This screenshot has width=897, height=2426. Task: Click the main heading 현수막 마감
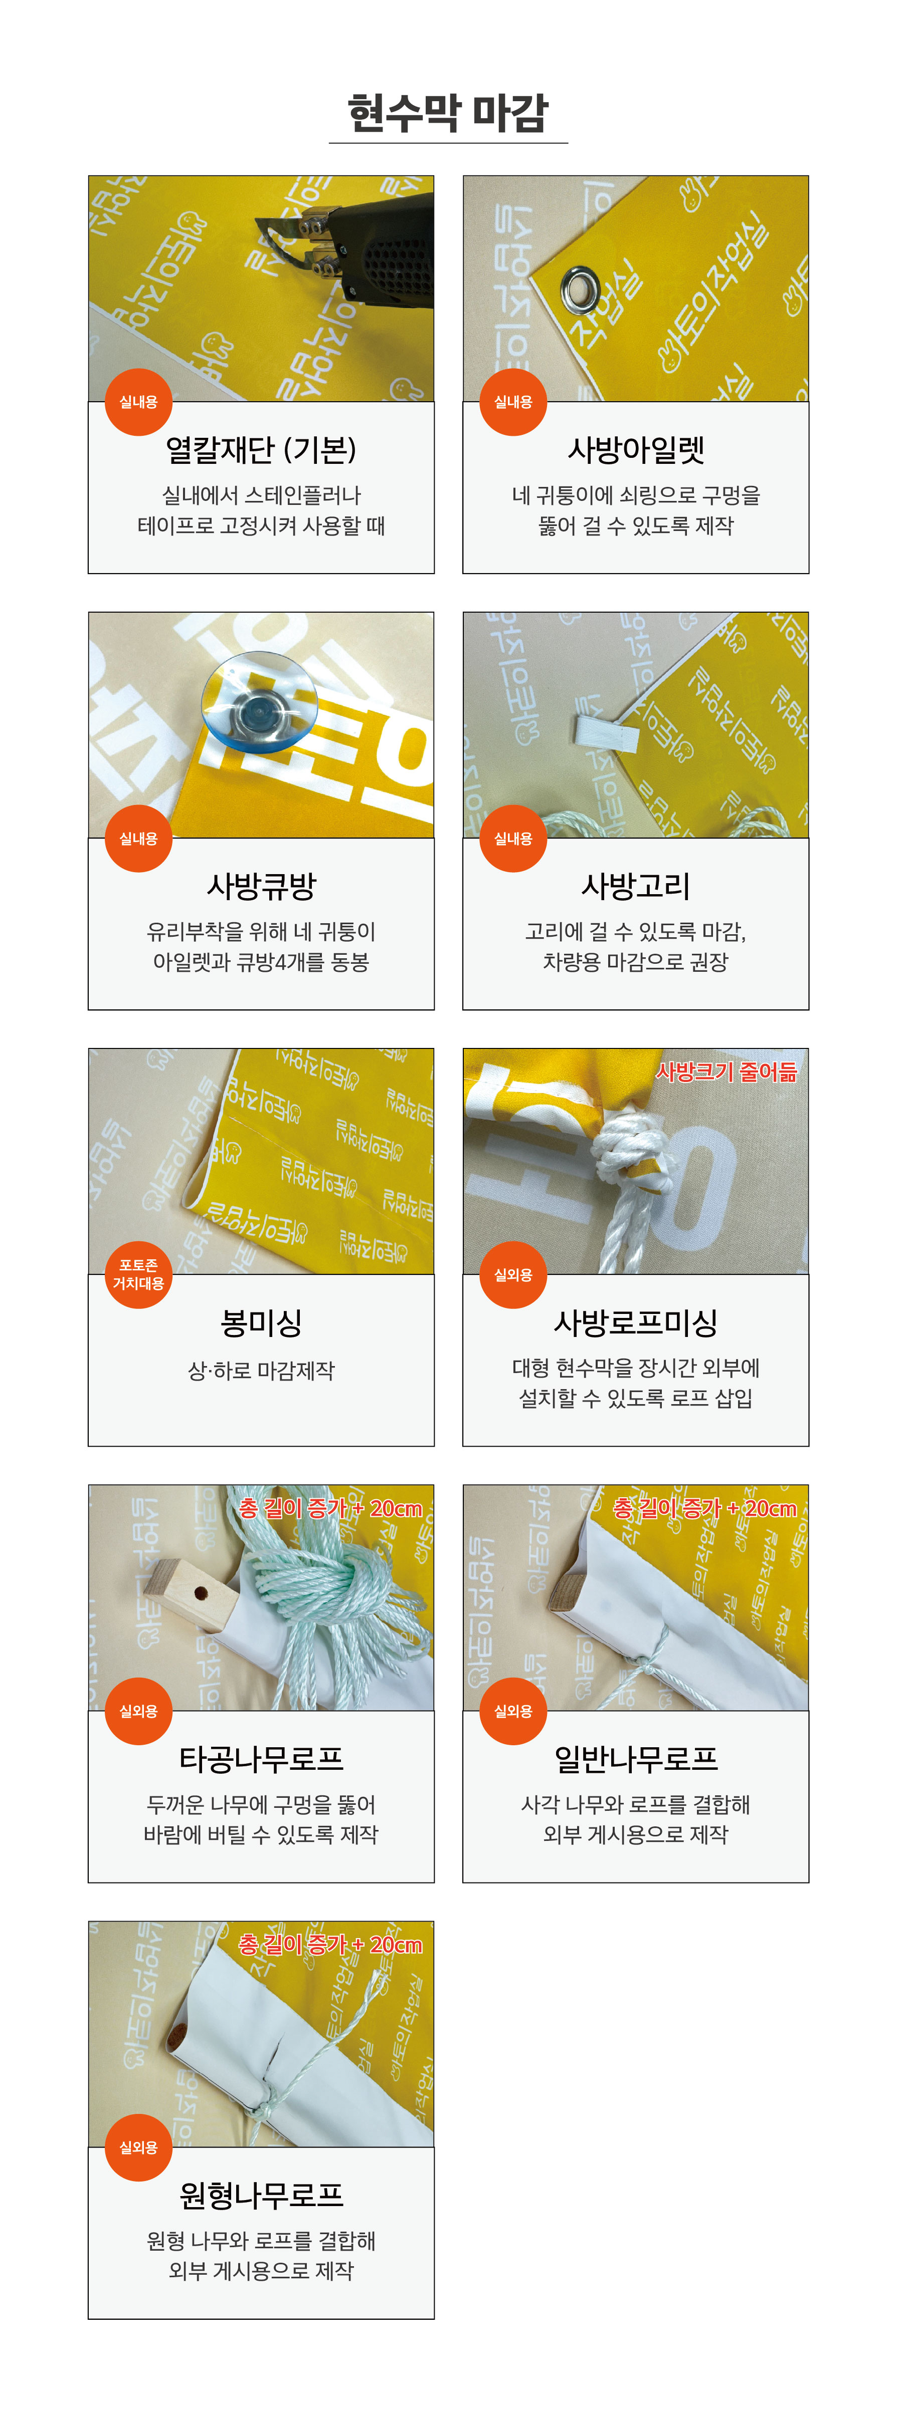(448, 113)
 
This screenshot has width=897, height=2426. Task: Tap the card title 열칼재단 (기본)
(261, 449)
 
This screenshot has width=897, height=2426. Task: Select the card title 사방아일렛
(636, 449)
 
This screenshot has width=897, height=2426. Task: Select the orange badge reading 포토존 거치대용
(138, 1274)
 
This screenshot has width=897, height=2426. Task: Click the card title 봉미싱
(261, 1322)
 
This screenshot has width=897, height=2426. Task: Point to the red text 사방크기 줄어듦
(727, 1071)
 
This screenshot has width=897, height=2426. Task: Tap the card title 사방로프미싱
(636, 1322)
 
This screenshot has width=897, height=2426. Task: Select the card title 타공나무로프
(261, 1758)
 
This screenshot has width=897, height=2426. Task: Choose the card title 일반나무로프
(636, 1758)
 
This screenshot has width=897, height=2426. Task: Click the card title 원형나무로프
(261, 2195)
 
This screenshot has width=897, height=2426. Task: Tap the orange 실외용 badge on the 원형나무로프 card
(138, 2147)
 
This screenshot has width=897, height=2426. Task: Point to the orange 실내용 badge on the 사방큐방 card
(138, 838)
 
